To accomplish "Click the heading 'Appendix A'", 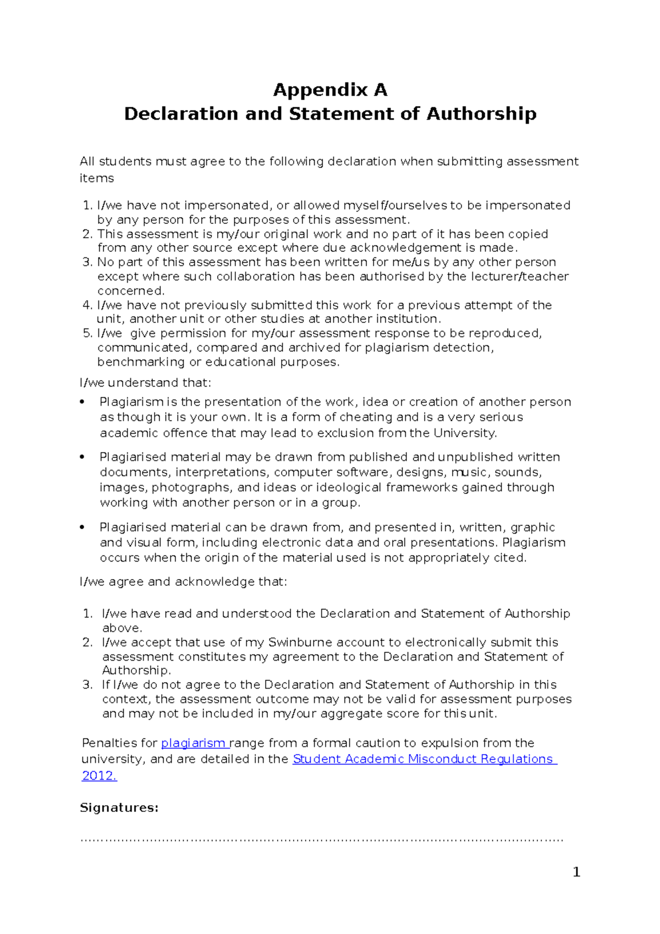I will coord(330,90).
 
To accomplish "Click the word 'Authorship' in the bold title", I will coord(481,114).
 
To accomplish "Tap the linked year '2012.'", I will coord(99,776).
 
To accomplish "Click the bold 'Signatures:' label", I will coord(119,807).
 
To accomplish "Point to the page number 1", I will coord(576,872).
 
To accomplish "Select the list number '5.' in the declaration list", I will coord(87,333).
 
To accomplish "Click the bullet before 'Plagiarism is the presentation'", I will coord(82,402).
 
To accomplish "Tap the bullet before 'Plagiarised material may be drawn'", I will coord(82,457).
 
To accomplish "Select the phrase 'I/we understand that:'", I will coord(145,383).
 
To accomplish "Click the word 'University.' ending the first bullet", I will coord(465,433).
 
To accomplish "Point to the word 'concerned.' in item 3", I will coord(131,290).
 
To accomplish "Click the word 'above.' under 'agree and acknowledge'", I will coord(122,628).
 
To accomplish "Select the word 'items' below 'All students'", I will coord(97,178).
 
